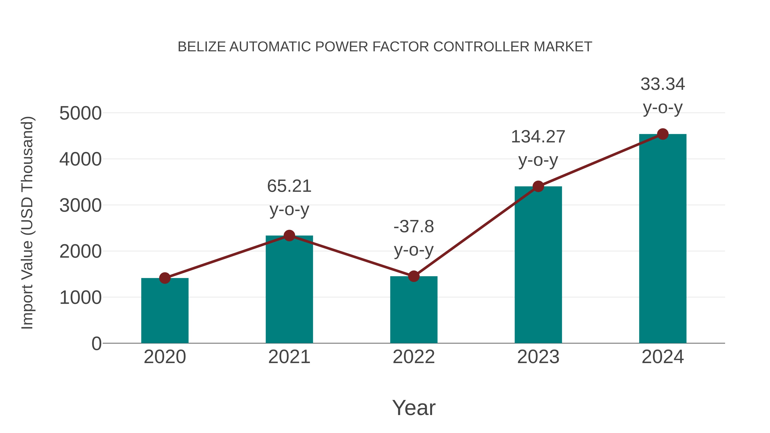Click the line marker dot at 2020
click(x=165, y=278)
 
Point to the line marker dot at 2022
click(x=414, y=276)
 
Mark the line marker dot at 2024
click(x=663, y=134)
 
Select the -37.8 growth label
click(x=414, y=226)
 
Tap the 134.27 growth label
click(x=538, y=137)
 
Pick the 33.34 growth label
click(x=663, y=84)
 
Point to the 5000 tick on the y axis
click(x=80, y=114)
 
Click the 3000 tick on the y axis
click(x=80, y=205)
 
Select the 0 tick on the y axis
click(x=96, y=343)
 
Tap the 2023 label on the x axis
click(x=538, y=357)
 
